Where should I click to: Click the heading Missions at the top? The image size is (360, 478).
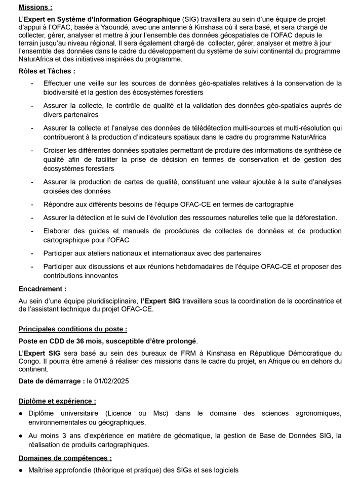coord(35,8)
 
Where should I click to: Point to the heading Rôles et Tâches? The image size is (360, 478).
coord(47,71)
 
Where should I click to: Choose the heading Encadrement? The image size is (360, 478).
coord(42,289)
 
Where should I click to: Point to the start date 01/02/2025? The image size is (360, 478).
coord(110,381)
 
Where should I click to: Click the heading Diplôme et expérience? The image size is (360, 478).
coord(57,401)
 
